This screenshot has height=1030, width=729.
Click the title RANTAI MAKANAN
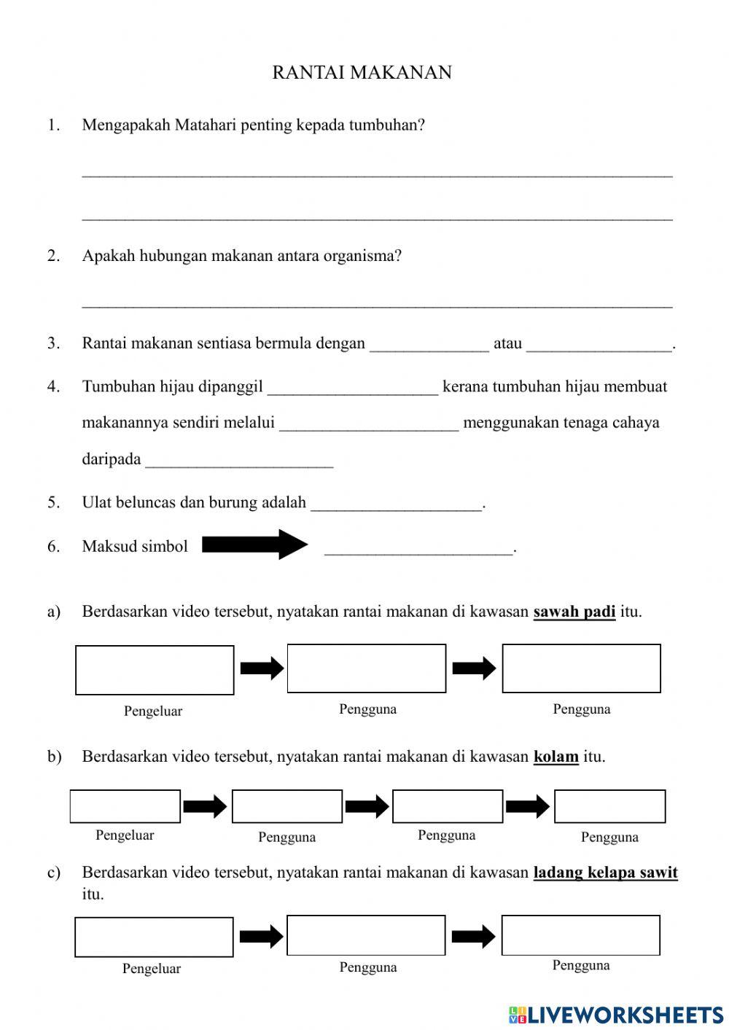click(x=362, y=72)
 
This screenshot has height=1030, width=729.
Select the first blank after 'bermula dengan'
click(x=429, y=345)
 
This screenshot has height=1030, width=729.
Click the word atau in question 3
click(x=507, y=343)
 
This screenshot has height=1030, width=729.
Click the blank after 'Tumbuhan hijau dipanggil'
click(x=353, y=388)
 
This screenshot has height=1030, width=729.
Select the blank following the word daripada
click(x=239, y=461)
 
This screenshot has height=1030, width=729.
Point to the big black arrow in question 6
click(x=254, y=545)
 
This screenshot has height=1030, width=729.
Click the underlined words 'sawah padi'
click(x=574, y=612)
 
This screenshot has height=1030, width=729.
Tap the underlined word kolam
click(x=555, y=757)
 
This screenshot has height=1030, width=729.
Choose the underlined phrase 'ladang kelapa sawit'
click(x=605, y=873)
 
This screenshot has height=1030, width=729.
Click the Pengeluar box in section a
click(x=155, y=670)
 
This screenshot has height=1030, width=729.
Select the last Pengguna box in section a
click(x=581, y=668)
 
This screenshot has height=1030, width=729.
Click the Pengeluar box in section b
click(x=125, y=806)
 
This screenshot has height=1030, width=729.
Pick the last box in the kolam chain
click(x=609, y=807)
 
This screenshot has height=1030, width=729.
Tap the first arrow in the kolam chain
click(x=205, y=806)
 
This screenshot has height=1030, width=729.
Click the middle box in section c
click(x=366, y=935)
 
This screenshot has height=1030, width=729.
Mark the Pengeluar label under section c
click(x=152, y=969)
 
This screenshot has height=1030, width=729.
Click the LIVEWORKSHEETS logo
click(x=616, y=1014)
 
